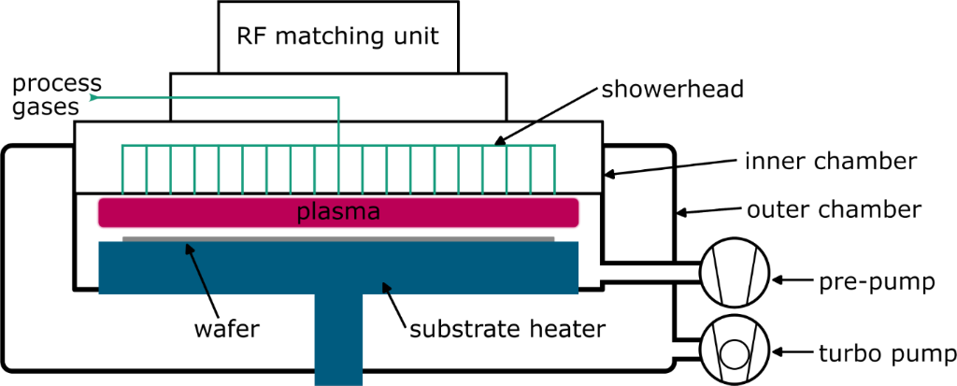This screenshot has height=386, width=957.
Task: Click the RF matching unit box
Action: pos(337,36)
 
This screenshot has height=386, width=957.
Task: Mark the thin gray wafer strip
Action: pos(337,238)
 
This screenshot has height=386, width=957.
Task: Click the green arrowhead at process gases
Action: pos(93,96)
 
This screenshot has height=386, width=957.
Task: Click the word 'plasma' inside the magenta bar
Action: pos(337,212)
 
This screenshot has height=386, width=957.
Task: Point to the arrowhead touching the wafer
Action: pos(188,248)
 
